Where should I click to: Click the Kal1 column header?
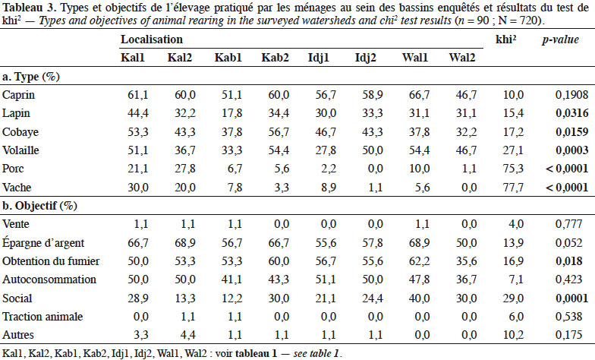[x=132, y=58]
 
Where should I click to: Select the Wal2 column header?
[x=461, y=58]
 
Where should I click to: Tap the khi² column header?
[x=505, y=39]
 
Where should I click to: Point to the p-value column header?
[x=560, y=39]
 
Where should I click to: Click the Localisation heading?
[x=152, y=39]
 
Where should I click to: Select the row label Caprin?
[x=18, y=95]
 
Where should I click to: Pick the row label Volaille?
[x=20, y=150]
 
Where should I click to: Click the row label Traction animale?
[x=42, y=317]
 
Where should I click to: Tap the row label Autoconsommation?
[x=49, y=279]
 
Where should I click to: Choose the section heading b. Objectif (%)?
[x=39, y=206]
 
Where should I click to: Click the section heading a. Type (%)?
[x=31, y=77]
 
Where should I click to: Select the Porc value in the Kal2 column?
[x=185, y=169]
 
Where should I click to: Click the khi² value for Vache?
[x=513, y=187]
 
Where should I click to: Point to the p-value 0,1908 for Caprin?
[x=572, y=95]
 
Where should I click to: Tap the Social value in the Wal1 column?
[x=419, y=298]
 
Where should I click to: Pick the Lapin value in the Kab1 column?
[x=232, y=113]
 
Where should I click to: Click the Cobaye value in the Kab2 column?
[x=279, y=132]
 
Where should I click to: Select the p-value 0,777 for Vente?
[x=568, y=224]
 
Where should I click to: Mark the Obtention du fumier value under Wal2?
[x=466, y=261]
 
